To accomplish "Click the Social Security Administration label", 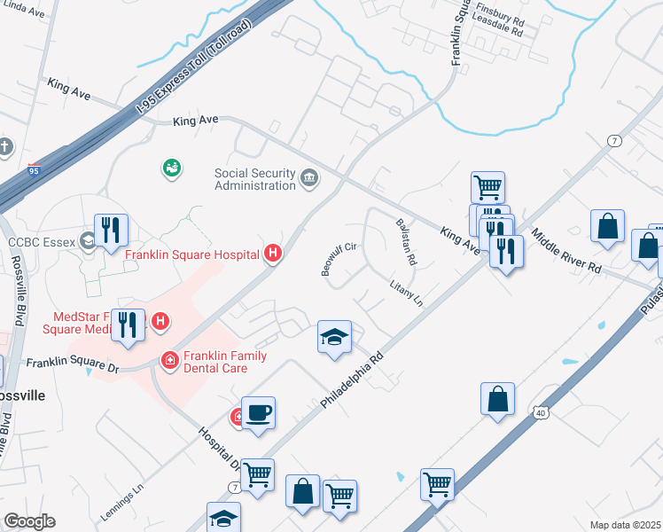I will [254, 179].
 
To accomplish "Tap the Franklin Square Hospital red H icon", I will [273, 254].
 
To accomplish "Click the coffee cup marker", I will [257, 413].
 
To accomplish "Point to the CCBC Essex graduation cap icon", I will [87, 239].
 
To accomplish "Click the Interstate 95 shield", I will [33, 169].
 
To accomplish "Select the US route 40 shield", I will [540, 412].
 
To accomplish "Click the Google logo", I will [29, 521].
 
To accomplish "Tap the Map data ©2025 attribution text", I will [624, 525].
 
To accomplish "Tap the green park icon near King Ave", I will [171, 167].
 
